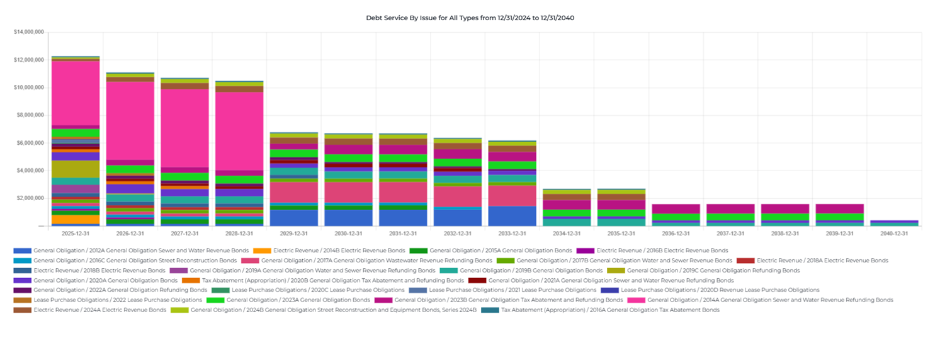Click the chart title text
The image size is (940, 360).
point(470,18)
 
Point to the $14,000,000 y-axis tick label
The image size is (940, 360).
point(29,32)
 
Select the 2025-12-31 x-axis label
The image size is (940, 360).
point(76,233)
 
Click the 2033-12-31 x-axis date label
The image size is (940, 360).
point(512,233)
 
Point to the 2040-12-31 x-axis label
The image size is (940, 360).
point(893,233)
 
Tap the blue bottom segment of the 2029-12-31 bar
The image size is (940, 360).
point(293,218)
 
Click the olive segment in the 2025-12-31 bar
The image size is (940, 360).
point(76,169)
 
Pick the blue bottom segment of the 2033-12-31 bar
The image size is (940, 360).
point(512,216)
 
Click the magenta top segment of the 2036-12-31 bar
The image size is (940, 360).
point(676,209)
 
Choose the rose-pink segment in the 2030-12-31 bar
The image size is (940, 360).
point(348,191)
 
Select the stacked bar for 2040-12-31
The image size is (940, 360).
point(893,223)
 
